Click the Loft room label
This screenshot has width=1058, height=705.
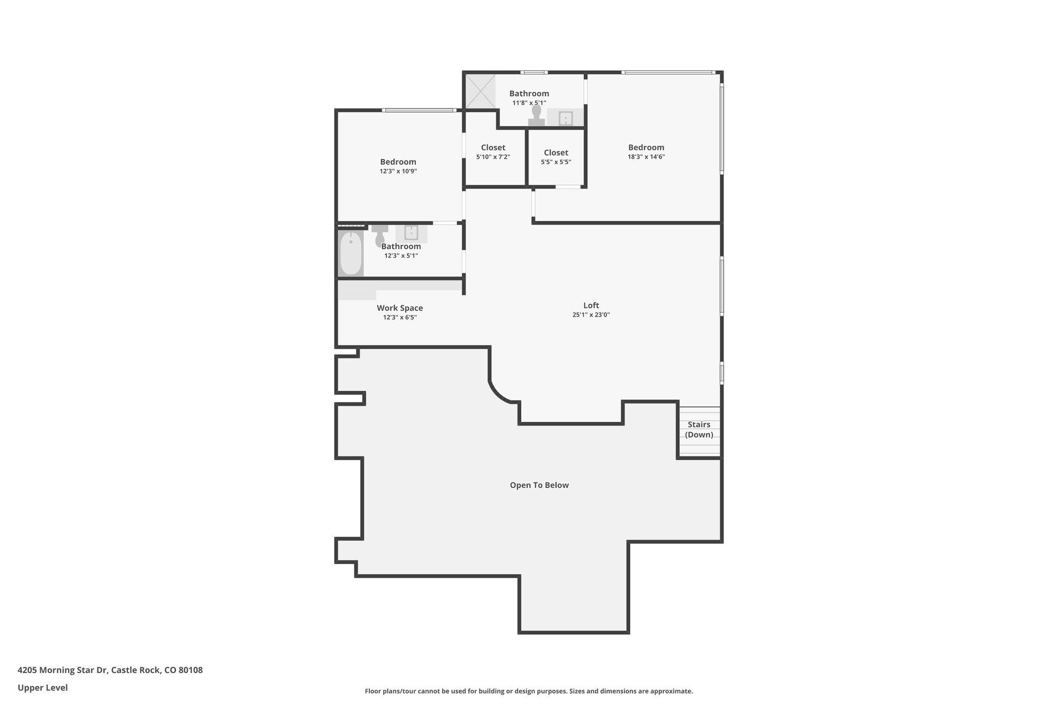[591, 305]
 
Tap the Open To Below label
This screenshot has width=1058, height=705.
[539, 485]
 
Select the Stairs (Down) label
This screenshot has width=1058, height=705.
[699, 429]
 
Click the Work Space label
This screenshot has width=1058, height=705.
[400, 308]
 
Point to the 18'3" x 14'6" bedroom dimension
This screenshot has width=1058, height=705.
[646, 157]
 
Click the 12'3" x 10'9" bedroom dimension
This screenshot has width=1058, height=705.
[398, 171]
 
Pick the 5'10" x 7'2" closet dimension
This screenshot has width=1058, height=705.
[493, 157]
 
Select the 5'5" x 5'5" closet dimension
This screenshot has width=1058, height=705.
[556, 162]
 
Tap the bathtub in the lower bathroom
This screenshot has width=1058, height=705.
[351, 254]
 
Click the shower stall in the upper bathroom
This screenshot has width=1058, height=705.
[480, 91]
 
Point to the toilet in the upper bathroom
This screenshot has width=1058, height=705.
[536, 115]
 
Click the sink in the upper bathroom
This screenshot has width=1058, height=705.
[566, 118]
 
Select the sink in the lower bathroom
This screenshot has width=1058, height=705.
[411, 233]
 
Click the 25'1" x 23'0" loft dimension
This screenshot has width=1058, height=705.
[591, 315]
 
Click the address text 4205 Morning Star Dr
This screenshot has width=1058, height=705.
[63, 670]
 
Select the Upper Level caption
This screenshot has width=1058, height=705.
[42, 687]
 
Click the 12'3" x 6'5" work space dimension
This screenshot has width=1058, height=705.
[400, 318]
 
